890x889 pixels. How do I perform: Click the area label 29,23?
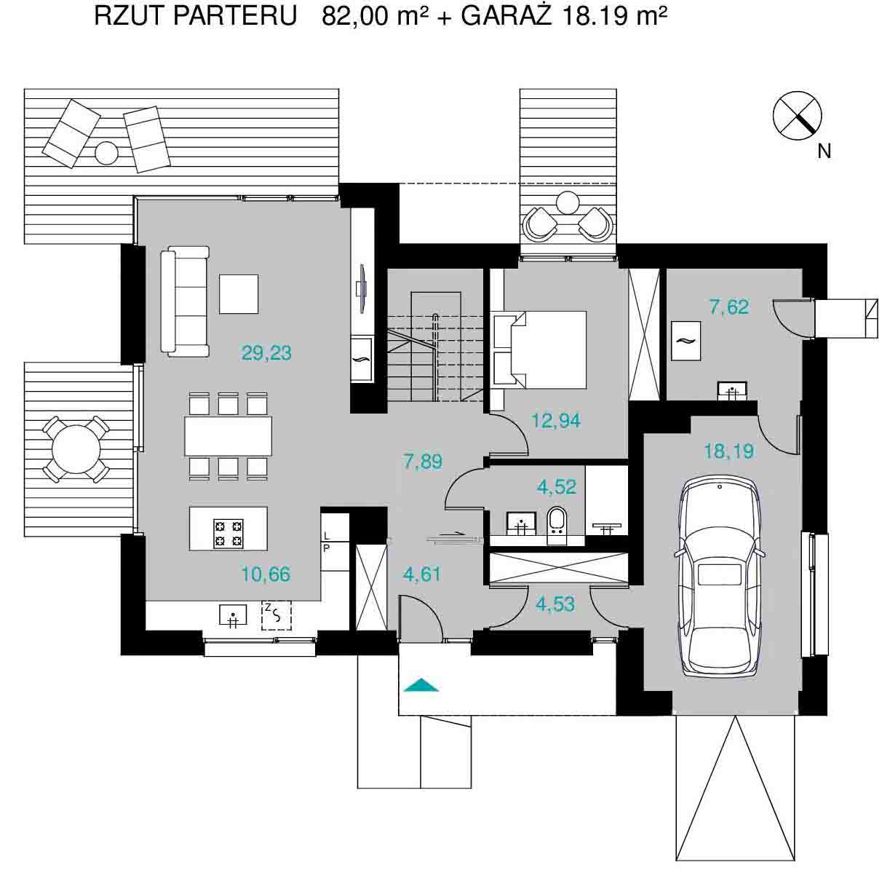(x=266, y=353)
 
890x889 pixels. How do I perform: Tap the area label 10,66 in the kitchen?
(x=266, y=574)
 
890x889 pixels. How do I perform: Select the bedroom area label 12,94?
(x=556, y=421)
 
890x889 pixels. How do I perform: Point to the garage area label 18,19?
(x=729, y=451)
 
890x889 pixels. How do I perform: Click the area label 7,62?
(x=729, y=307)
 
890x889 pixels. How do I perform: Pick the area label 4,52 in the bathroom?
(x=556, y=487)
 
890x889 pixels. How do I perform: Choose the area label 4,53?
(x=555, y=604)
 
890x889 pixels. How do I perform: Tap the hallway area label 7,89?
(x=423, y=462)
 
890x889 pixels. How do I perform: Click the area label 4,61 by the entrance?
(x=421, y=574)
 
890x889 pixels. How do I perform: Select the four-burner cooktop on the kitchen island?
(x=229, y=534)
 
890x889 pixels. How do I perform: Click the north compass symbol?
(x=797, y=116)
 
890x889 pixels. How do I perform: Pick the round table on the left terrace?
(x=76, y=449)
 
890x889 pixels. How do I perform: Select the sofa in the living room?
(x=185, y=301)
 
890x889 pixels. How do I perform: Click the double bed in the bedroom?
(x=540, y=349)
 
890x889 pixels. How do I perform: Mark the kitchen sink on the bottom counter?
(x=233, y=616)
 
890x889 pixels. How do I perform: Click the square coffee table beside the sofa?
(x=238, y=294)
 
